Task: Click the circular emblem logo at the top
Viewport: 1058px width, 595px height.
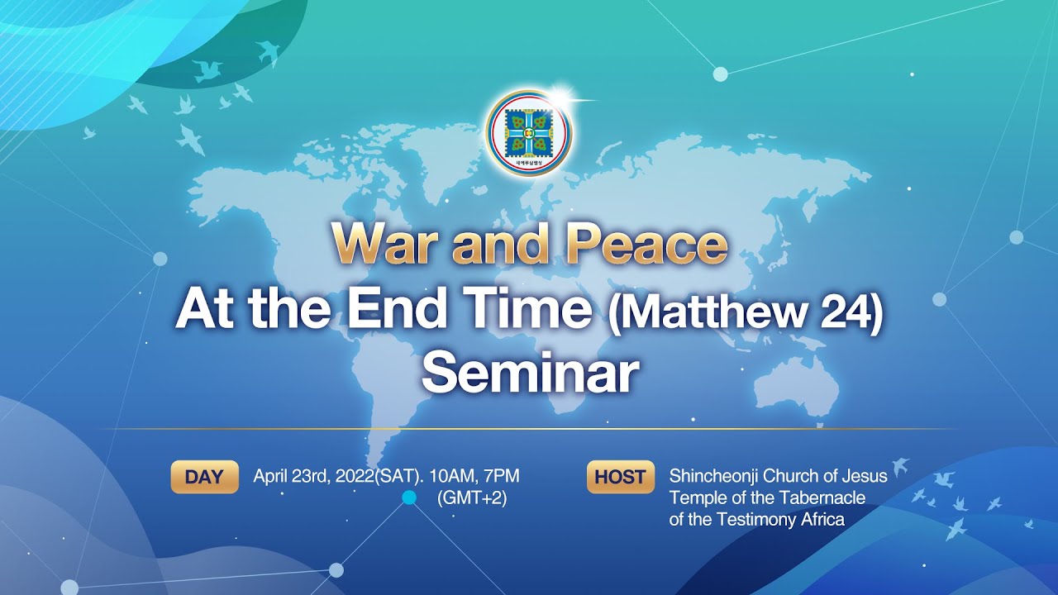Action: coord(529,133)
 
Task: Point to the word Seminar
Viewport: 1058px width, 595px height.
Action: coord(530,373)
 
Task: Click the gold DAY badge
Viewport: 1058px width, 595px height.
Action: coord(204,477)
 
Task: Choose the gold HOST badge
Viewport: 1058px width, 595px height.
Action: coord(620,477)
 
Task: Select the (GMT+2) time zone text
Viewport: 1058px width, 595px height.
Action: coord(471,497)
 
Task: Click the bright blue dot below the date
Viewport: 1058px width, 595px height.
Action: coord(408,497)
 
